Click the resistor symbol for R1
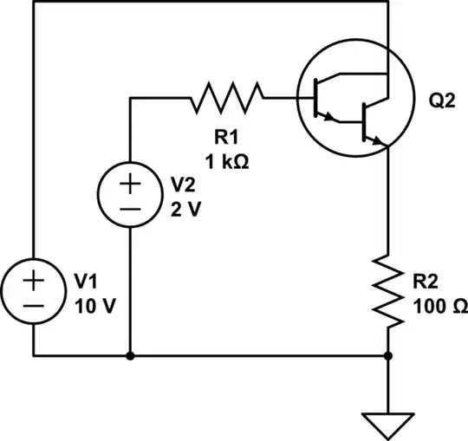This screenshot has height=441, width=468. (x=226, y=98)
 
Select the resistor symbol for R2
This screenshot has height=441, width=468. (x=387, y=290)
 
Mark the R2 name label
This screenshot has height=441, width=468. (x=428, y=282)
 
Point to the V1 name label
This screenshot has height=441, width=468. (x=85, y=282)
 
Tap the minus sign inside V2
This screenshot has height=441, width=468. (x=129, y=210)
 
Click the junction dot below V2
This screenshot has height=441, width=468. (x=129, y=355)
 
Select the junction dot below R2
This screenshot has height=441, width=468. (x=387, y=355)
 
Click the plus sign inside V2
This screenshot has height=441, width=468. (x=129, y=184)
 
